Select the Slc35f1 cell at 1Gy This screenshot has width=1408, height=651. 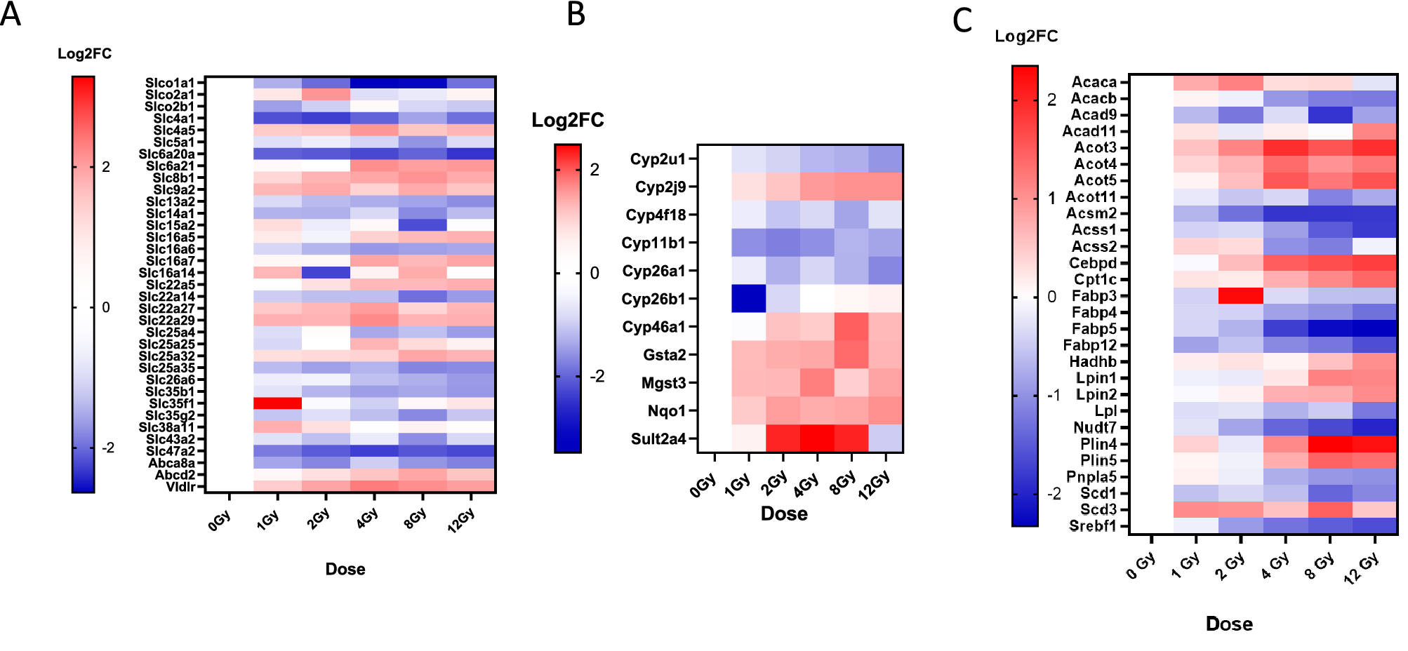(x=277, y=403)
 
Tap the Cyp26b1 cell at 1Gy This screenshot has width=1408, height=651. (x=748, y=299)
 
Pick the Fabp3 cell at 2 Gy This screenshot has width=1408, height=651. (x=1240, y=296)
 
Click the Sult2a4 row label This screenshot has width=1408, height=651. (x=658, y=439)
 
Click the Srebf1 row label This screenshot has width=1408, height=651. (x=1092, y=526)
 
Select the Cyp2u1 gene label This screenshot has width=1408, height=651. (x=657, y=159)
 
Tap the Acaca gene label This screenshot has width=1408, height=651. (x=1094, y=82)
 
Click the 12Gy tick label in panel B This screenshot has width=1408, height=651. (x=875, y=485)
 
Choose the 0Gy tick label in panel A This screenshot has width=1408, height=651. (x=220, y=521)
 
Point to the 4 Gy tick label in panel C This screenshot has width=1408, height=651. (x=1275, y=565)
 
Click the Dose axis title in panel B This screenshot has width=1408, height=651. (x=784, y=514)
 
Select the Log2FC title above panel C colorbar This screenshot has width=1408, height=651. (x=1025, y=36)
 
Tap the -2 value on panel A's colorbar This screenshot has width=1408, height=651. (x=107, y=448)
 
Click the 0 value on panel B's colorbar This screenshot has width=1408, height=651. (x=595, y=273)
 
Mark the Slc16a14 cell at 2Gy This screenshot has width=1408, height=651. (x=326, y=273)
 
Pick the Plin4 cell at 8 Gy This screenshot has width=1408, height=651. (x=1329, y=444)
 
